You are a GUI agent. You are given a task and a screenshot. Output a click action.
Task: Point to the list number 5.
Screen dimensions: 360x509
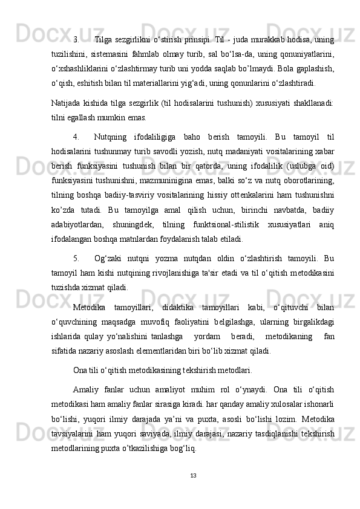pyautogui.click(x=77, y=256)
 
